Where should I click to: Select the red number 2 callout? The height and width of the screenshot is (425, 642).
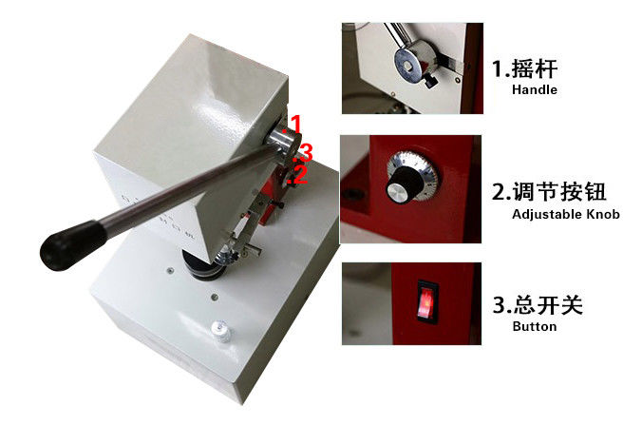(x=298, y=174)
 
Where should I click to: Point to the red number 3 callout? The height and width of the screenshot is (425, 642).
(x=305, y=152)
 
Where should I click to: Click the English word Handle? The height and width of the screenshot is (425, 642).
(x=535, y=89)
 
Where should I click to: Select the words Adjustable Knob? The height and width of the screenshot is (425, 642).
(x=566, y=214)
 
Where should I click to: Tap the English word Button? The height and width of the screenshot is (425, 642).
(x=535, y=327)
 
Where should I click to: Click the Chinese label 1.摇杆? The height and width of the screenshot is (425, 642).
(x=524, y=68)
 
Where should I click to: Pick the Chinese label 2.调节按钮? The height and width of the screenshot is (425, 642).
(x=549, y=192)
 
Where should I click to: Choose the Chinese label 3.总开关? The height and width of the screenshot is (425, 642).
(x=538, y=305)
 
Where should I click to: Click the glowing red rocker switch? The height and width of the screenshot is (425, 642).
(x=426, y=303)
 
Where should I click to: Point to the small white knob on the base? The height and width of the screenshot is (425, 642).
(x=220, y=330)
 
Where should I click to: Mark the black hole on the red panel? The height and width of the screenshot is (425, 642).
(x=349, y=193)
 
